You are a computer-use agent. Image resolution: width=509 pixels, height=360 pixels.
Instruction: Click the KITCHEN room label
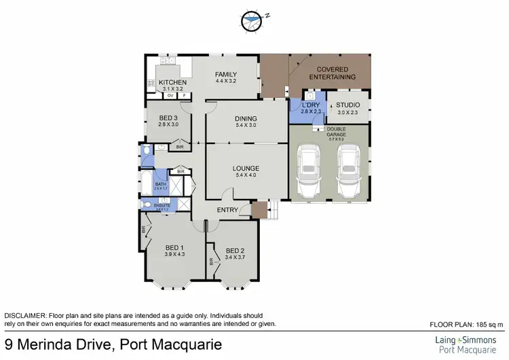pos(173,82)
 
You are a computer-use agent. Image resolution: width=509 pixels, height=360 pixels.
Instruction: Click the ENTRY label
pos(227,210)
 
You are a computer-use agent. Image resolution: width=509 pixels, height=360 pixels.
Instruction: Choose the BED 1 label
pos(174,247)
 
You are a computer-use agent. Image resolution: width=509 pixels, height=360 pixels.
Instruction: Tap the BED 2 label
pos(235,249)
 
